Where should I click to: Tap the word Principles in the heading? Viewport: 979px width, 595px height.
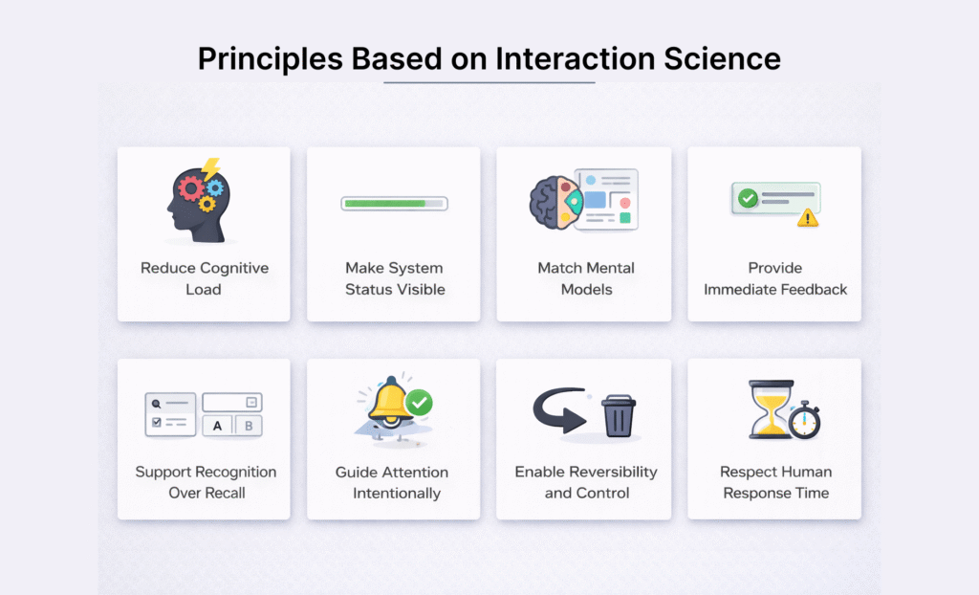tap(269, 58)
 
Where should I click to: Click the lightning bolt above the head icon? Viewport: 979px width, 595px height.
tap(210, 169)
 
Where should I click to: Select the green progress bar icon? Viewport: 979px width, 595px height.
tap(394, 203)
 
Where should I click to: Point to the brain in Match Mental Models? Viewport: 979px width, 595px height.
tap(551, 201)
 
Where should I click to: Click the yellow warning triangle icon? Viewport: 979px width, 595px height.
tap(808, 217)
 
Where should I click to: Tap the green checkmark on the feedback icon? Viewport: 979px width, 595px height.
tap(748, 198)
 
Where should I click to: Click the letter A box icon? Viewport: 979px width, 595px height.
tap(217, 426)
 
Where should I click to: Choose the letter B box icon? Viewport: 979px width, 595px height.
tap(249, 426)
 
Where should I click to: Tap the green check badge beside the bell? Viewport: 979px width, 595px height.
tap(419, 403)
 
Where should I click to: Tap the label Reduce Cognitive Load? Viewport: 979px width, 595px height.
tap(204, 278)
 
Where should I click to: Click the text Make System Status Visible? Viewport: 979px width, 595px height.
tap(394, 278)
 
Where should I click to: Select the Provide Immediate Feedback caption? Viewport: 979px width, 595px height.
tap(775, 278)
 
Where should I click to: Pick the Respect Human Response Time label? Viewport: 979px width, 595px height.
tap(775, 482)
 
